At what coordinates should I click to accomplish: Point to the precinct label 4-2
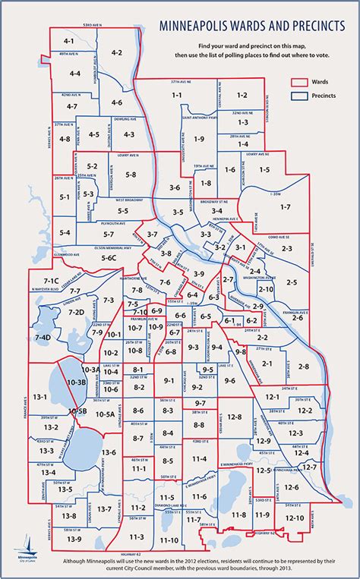pos(116,52)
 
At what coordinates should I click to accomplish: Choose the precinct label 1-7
pos(285,206)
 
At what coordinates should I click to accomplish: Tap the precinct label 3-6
pos(174,187)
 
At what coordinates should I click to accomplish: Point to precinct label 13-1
pos(40,397)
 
